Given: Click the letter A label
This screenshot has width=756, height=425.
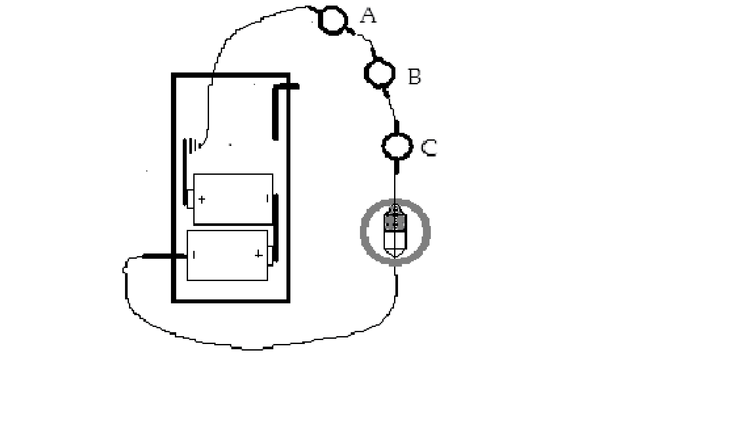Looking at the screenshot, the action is click(368, 16).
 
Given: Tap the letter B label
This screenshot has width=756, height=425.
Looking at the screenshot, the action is click(414, 77).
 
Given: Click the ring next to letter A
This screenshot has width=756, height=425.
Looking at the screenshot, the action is click(333, 20).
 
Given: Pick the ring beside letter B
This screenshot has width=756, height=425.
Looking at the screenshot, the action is click(380, 73).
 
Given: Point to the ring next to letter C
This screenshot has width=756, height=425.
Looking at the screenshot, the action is click(397, 146).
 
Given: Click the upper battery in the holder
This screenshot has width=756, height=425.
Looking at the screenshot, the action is click(233, 199).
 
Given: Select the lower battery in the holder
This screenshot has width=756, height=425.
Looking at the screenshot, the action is click(227, 255).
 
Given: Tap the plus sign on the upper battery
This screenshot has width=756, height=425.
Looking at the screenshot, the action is click(202, 199).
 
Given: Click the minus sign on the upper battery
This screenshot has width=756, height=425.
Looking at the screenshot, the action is click(267, 198).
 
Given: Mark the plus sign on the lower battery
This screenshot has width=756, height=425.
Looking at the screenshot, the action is click(259, 254).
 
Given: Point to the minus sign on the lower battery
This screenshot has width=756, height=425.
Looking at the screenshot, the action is click(194, 255).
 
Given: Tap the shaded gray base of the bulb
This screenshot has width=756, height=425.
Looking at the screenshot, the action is click(395, 222).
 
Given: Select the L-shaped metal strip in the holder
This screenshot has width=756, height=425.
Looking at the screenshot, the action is click(276, 108).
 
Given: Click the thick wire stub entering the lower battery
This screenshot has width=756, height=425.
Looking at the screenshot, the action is click(164, 256).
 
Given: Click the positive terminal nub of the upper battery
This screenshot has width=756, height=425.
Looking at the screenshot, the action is click(190, 199).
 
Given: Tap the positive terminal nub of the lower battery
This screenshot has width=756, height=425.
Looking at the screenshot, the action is click(270, 255).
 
